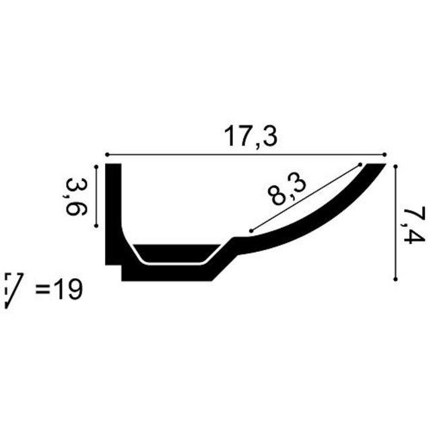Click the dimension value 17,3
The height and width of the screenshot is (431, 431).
[x=251, y=137]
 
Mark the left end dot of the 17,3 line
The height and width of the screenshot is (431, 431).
[x=106, y=154]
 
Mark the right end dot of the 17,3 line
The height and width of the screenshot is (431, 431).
[x=383, y=154]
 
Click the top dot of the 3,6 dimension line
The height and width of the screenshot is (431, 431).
[x=98, y=164]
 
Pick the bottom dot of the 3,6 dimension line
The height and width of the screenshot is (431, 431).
[x=98, y=226]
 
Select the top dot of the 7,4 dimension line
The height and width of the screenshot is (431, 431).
[x=396, y=164]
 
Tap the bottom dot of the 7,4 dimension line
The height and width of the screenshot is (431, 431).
[x=396, y=277]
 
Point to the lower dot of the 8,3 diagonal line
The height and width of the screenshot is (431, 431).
[x=251, y=231]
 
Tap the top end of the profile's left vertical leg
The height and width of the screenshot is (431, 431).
[x=113, y=166]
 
